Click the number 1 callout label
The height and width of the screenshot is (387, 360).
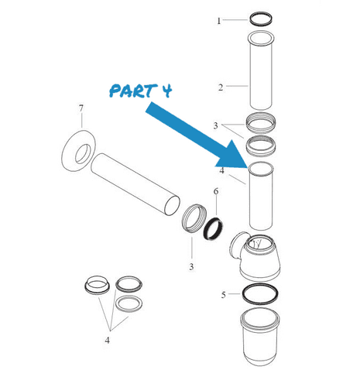pyautogui.click(x=219, y=21)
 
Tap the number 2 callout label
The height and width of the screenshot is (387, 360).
pyautogui.click(x=221, y=87)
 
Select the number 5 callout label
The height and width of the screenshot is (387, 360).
pyautogui.click(x=224, y=295)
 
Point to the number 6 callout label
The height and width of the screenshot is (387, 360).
pyautogui.click(x=216, y=191)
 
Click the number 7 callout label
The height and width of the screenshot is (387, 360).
pyautogui.click(x=81, y=108)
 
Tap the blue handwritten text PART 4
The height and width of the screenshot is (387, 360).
pyautogui.click(x=141, y=91)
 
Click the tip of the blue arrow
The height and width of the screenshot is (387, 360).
pyautogui.click(x=248, y=167)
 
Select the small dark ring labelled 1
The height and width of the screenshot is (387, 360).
pyautogui.click(x=261, y=19)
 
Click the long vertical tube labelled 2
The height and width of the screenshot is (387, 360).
pyautogui.click(x=261, y=70)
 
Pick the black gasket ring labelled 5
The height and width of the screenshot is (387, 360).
pyautogui.click(x=260, y=284)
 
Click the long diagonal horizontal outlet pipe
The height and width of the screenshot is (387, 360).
pyautogui.click(x=135, y=184)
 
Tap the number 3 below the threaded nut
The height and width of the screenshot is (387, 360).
pyautogui.click(x=191, y=266)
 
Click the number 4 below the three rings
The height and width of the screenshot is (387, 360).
pyautogui.click(x=108, y=341)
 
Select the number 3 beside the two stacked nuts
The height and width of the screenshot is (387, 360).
pyautogui.click(x=215, y=125)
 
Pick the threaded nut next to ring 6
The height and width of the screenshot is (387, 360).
pyautogui.click(x=194, y=218)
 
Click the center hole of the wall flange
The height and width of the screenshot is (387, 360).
pyautogui.click(x=83, y=154)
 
